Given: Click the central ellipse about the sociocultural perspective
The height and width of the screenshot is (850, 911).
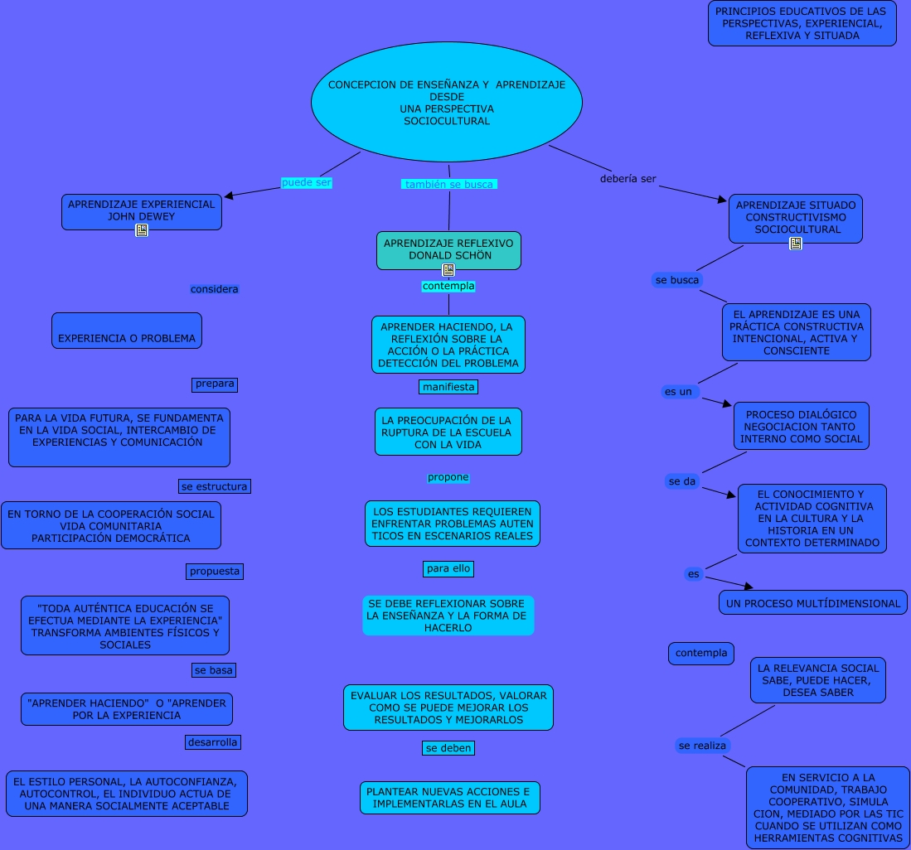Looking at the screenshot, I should [x=446, y=103].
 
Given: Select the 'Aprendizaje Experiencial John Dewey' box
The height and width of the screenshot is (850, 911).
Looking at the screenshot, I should [x=141, y=210].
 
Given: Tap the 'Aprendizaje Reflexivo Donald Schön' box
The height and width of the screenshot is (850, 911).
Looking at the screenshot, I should [x=448, y=249].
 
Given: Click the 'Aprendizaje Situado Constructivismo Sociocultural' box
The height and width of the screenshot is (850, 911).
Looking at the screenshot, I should [x=795, y=217].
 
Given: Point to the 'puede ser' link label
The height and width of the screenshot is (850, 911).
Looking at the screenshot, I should [x=306, y=183].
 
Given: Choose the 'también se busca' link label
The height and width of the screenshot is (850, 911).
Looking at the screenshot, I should [x=448, y=185].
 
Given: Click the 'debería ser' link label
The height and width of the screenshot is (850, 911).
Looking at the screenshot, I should [x=628, y=179].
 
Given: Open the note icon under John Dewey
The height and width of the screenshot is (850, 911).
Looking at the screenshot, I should [x=142, y=230].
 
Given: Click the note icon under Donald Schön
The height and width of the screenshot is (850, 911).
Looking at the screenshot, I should [x=448, y=270].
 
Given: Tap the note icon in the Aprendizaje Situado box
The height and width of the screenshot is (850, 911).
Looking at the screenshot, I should [x=796, y=244].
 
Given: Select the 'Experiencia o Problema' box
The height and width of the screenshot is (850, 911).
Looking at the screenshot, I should [x=126, y=331].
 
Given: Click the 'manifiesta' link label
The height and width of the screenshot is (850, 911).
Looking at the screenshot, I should [x=448, y=387].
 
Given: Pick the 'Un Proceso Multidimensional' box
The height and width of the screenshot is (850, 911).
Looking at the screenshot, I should [x=812, y=603].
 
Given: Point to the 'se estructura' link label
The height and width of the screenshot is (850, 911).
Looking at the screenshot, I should [x=215, y=486].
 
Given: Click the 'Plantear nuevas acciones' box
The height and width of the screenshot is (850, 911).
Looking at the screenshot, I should [x=450, y=798].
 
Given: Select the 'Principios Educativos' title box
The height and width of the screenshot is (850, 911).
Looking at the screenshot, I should [x=802, y=23].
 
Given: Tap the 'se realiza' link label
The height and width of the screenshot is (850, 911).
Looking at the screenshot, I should [x=702, y=746].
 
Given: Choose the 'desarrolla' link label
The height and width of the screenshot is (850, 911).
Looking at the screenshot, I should [x=213, y=742].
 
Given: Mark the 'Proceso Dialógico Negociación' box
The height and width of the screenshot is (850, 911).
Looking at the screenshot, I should [x=801, y=426].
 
